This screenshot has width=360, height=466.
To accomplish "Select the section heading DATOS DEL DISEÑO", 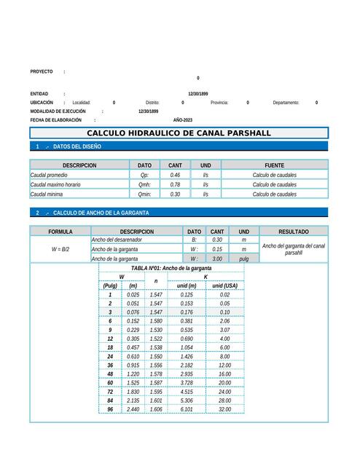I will click(77, 146).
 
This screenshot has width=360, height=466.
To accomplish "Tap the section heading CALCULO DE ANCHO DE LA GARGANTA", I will click(101, 213).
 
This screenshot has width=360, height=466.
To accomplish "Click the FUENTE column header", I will click(274, 165).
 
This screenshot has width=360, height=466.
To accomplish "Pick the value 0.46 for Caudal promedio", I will click(175, 175).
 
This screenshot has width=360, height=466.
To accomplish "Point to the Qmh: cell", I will click(144, 185).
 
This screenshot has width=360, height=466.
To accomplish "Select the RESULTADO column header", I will click(293, 232).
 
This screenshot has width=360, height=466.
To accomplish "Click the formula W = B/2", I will click(60, 249).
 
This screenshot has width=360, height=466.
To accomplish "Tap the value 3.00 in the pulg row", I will click(216, 258).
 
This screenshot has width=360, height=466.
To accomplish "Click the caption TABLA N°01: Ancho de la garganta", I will click(171, 269).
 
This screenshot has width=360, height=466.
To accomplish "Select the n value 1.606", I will click(155, 409).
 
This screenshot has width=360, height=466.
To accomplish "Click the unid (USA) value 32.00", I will click(224, 409).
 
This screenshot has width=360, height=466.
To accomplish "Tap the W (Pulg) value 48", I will click(110, 374).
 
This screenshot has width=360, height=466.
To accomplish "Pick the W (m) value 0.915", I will click(133, 365).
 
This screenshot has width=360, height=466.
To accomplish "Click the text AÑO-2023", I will click(183, 119).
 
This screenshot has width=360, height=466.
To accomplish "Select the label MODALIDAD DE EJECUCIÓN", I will click(58, 111).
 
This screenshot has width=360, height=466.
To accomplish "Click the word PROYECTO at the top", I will click(42, 71).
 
